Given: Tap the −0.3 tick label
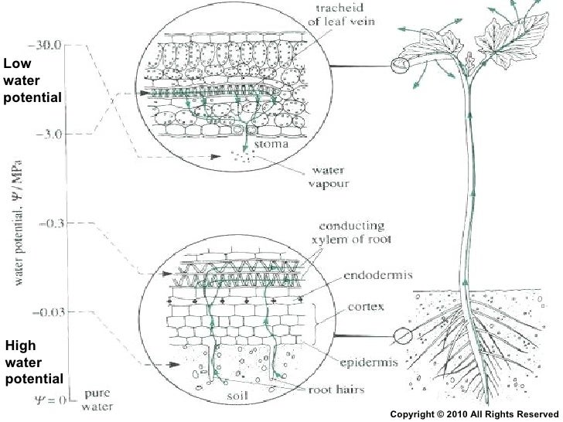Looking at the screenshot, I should pyautogui.click(x=52, y=223).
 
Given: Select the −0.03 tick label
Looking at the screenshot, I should pyautogui.click(x=49, y=312).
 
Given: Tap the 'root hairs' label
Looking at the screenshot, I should pyautogui.click(x=337, y=390).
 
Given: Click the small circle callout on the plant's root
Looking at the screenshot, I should pyautogui.click(x=402, y=336).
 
